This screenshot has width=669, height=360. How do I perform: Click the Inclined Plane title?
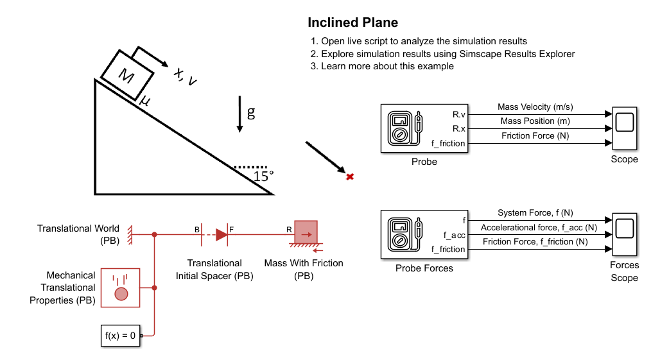tap(352, 22)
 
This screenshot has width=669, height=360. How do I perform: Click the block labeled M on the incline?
tap(126, 75)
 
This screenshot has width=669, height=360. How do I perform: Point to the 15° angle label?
tap(263, 176)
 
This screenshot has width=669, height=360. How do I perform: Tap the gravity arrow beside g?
tap(239, 114)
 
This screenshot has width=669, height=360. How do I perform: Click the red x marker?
tap(350, 176)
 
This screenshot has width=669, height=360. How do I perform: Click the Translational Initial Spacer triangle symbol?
tap(222, 235)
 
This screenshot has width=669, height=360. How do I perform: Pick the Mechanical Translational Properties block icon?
tap(120, 288)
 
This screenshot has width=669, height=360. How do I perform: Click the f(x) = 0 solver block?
tap(120, 336)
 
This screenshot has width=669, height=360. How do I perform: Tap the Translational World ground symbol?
tap(130, 235)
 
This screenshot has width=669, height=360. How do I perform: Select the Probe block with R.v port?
tap(424, 128)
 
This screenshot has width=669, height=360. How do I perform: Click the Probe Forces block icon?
tap(424, 235)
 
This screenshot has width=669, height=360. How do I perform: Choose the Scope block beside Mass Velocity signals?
tap(625, 128)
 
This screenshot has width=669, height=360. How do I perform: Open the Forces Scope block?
tap(625, 234)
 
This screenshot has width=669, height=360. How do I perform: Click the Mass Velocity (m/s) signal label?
tap(535, 107)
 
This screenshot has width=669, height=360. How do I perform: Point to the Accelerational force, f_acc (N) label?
tap(539, 228)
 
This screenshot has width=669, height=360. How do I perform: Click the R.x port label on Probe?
tap(458, 129)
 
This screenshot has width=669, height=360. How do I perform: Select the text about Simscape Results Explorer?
tap(448, 54)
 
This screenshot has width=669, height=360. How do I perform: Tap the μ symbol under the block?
tap(144, 101)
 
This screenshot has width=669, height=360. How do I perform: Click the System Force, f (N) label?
tap(535, 213)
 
